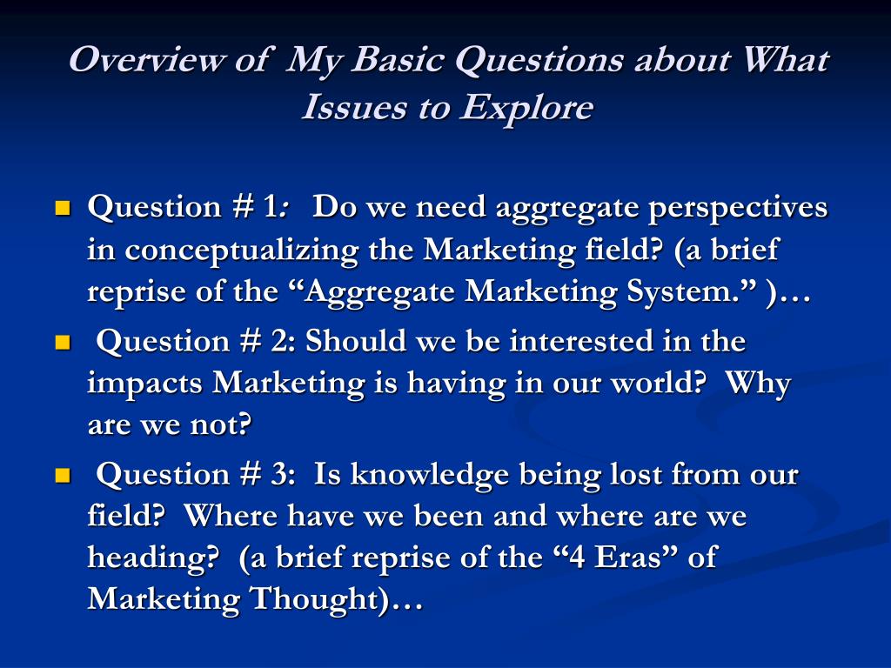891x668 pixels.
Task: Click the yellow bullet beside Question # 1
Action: point(62,209)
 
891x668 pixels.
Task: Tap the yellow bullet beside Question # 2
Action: point(62,343)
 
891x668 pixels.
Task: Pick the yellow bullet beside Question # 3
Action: point(62,476)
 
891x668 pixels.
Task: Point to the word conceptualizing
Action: point(245,250)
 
